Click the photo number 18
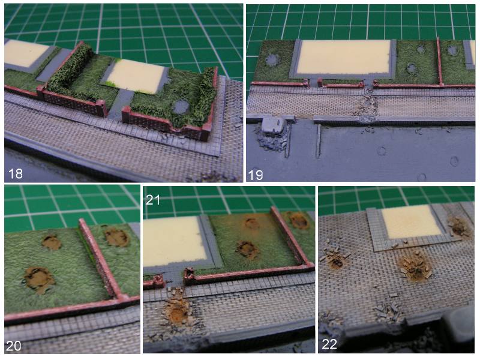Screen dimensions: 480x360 [16, 173]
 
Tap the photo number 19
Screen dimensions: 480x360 [256, 175]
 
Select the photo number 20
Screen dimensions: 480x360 [14, 346]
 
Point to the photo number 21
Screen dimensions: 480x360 [153, 200]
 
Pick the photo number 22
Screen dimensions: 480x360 [329, 344]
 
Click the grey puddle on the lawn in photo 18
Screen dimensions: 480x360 [181, 107]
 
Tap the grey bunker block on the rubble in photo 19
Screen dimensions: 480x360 [274, 125]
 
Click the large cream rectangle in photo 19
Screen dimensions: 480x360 [344, 57]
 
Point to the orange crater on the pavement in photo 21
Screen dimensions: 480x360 [177, 313]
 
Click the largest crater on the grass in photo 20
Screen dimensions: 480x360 [39, 280]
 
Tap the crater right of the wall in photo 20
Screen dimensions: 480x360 [116, 237]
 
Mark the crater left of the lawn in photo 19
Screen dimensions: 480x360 [272, 59]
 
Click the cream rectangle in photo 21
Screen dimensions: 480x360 [172, 242]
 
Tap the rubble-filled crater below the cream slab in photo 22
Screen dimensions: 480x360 [415, 266]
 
